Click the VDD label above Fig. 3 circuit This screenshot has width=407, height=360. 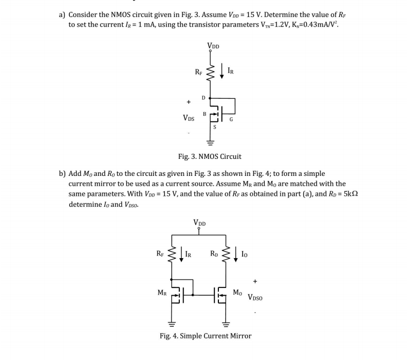[x=213, y=46]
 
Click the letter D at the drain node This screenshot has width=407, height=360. [x=203, y=97]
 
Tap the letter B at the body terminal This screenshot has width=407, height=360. [x=205, y=114]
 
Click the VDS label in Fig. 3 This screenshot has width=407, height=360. [x=189, y=118]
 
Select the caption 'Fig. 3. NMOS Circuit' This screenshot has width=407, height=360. [x=209, y=156]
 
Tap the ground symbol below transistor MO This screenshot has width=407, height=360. [x=225, y=325]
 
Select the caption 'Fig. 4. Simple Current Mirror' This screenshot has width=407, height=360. [x=206, y=336]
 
